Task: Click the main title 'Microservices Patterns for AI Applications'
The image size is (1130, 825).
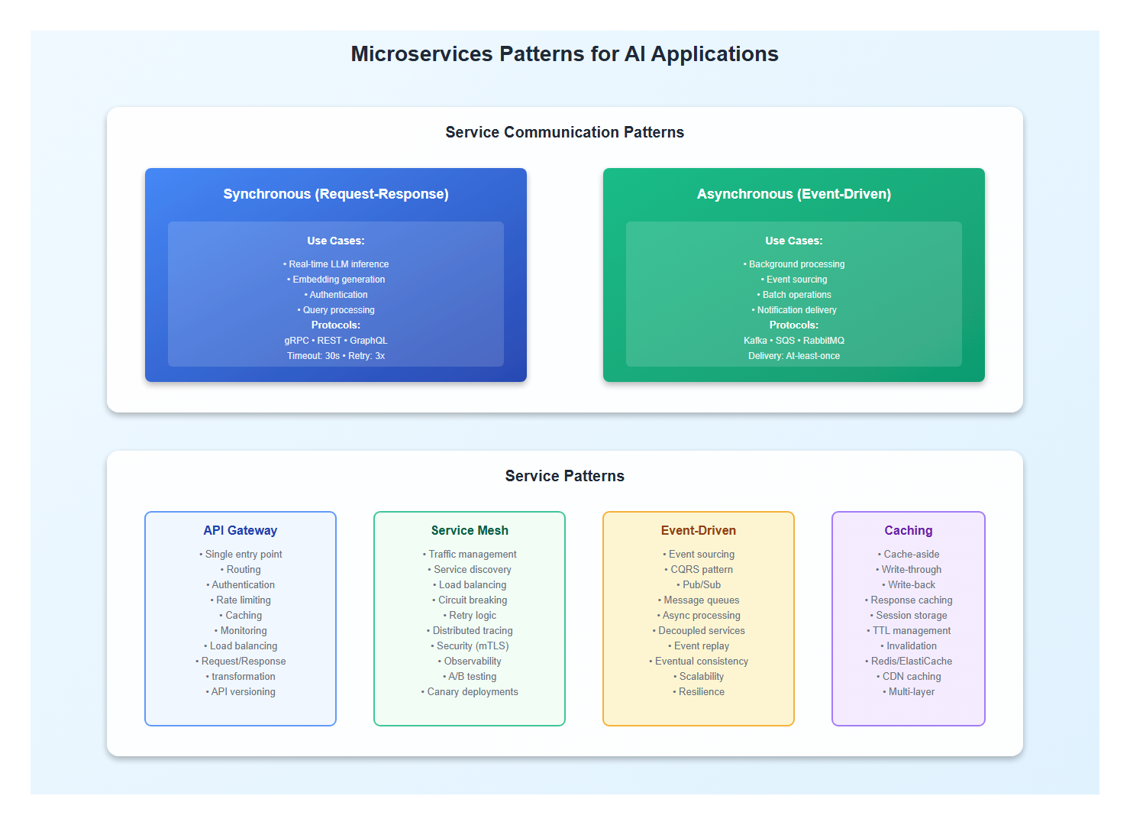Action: click(x=564, y=54)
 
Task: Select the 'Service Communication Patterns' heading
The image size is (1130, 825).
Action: click(x=564, y=132)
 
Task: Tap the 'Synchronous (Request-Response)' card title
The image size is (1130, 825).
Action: click(x=336, y=194)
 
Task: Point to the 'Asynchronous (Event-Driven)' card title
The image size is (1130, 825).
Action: click(x=794, y=194)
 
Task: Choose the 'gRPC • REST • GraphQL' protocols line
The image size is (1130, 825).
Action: click(x=336, y=341)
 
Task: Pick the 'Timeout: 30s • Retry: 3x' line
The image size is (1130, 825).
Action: click(x=336, y=356)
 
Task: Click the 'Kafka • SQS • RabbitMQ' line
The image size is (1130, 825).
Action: click(x=794, y=341)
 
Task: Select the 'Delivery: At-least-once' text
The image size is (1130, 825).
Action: click(x=794, y=356)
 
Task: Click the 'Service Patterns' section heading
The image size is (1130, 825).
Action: click(x=564, y=476)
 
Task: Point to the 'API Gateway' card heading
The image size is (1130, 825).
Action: click(x=241, y=530)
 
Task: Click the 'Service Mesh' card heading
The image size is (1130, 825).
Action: click(x=470, y=530)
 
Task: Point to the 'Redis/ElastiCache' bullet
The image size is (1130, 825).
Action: click(x=910, y=662)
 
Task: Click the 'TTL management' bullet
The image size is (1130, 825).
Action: click(x=910, y=631)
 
